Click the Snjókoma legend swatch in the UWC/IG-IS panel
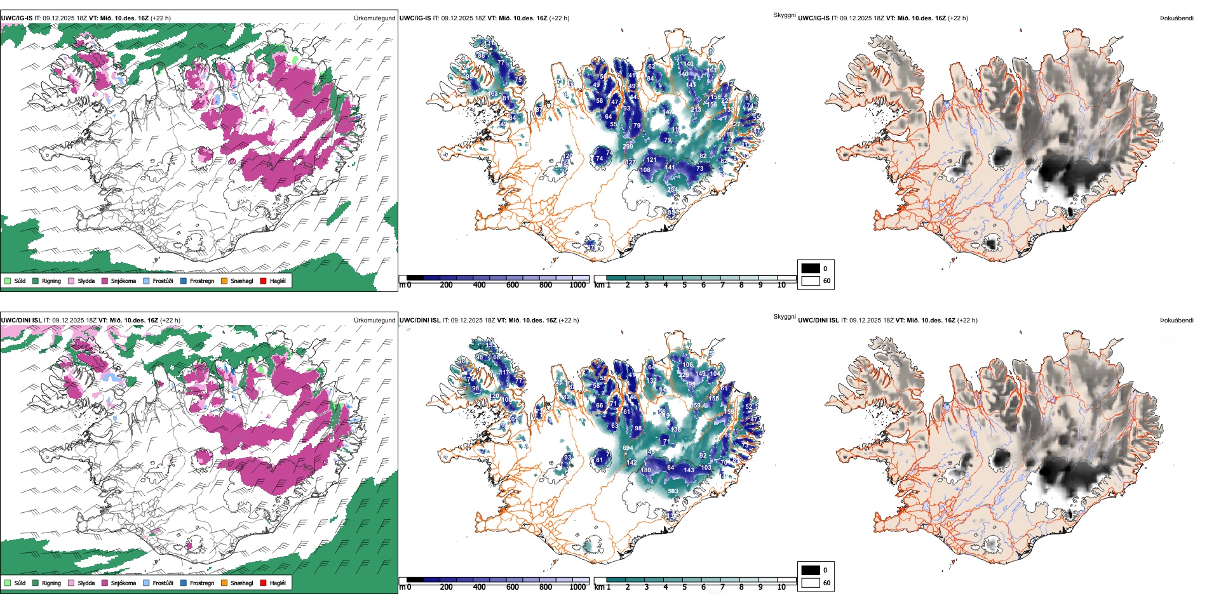click(105, 281)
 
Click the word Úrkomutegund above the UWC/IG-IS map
click(374, 18)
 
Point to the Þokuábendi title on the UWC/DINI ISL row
click(1177, 321)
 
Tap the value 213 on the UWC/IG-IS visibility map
click(696, 110)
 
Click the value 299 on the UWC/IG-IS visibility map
click(628, 147)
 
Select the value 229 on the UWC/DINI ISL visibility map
click(684, 375)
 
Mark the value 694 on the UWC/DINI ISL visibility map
click(628, 448)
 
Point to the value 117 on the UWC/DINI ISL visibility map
click(504, 373)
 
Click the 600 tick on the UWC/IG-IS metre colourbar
click(512, 285)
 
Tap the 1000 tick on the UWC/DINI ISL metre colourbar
click(577, 587)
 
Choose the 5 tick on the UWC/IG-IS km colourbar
click(684, 285)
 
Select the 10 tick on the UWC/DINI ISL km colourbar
click(781, 587)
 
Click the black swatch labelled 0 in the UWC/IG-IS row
click(811, 268)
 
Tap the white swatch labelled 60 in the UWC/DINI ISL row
click(811, 583)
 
